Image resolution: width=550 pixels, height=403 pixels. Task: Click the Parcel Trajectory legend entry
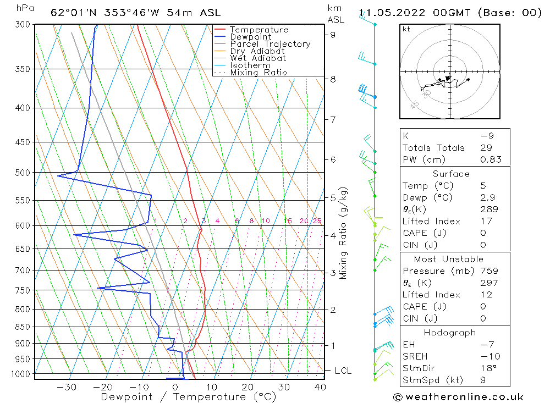click(270, 44)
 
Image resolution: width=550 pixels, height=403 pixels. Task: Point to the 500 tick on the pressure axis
click(23, 173)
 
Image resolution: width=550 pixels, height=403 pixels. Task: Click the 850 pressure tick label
click(23, 327)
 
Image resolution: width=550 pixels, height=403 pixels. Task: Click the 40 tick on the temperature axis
click(320, 387)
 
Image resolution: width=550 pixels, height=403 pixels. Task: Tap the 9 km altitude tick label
click(333, 35)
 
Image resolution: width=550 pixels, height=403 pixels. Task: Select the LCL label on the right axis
click(343, 371)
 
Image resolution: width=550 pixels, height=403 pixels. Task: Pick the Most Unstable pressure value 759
click(489, 271)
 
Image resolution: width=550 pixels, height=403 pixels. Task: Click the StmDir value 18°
click(488, 368)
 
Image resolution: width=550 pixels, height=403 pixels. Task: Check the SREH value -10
click(490, 356)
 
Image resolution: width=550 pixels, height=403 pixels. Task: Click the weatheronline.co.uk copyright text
click(458, 397)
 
